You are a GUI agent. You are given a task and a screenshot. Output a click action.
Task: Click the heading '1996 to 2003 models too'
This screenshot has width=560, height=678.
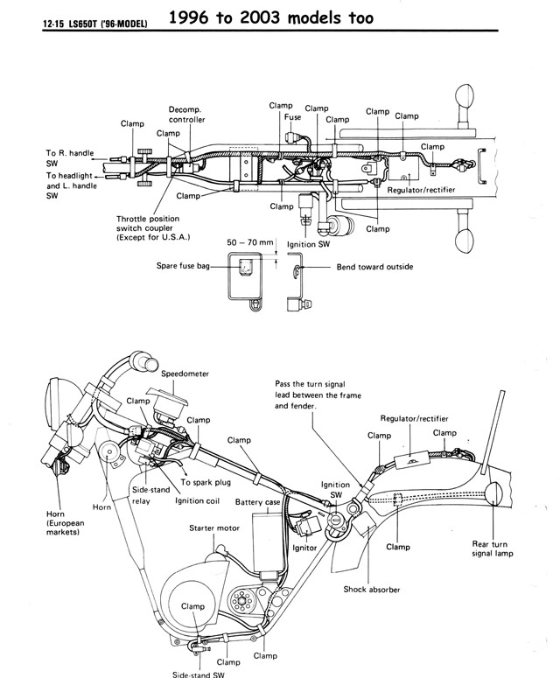(270, 17)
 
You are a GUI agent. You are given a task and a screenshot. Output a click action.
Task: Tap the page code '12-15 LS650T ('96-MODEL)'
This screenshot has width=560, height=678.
(95, 24)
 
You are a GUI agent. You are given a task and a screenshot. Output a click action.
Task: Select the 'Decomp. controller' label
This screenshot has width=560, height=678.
(186, 115)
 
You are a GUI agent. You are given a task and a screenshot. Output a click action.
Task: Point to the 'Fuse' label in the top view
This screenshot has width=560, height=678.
(293, 116)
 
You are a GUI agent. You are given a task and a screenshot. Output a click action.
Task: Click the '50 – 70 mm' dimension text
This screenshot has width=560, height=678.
(250, 242)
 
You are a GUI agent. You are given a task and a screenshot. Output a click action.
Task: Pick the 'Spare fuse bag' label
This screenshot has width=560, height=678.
(183, 265)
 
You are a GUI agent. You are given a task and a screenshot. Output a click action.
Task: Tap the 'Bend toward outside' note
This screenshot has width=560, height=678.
(374, 267)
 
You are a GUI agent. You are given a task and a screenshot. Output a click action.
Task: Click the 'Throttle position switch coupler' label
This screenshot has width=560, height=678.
(153, 227)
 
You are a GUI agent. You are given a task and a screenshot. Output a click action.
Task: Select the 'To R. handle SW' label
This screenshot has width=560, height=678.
(70, 157)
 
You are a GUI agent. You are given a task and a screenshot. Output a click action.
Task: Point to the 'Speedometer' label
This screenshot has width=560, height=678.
(185, 374)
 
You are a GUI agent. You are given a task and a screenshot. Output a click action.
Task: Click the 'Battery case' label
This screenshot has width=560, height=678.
(258, 502)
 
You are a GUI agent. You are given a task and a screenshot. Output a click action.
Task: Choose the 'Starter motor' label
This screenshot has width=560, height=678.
(214, 528)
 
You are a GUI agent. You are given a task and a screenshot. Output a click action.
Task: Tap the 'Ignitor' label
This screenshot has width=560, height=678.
(304, 548)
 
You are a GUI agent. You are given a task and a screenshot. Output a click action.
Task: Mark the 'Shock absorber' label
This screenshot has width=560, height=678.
(372, 590)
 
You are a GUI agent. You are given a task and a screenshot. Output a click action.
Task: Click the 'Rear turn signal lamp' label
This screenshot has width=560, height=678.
(493, 549)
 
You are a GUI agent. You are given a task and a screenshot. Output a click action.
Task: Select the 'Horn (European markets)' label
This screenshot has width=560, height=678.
(66, 523)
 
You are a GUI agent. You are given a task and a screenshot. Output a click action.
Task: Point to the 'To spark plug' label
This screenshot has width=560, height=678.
(206, 482)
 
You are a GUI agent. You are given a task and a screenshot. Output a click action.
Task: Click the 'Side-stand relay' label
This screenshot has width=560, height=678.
(150, 495)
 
